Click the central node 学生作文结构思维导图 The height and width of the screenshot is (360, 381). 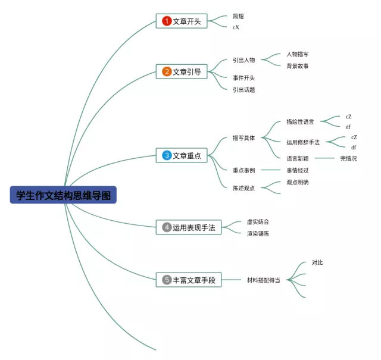[63, 195]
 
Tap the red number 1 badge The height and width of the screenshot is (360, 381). [167, 21]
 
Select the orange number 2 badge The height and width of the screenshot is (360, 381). [167, 72]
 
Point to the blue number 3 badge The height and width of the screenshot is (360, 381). [167, 155]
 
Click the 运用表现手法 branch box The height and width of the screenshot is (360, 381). [189, 227]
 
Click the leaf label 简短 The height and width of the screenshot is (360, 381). [238, 17]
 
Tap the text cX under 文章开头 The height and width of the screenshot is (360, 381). [236, 27]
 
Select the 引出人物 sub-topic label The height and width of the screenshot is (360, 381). [243, 60]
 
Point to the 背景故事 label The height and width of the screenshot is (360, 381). [297, 66]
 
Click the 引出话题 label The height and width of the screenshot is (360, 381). [243, 90]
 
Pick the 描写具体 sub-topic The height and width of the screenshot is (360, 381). [243, 138]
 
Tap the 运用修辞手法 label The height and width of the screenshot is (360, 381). [303, 142]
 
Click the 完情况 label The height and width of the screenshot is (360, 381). [348, 158]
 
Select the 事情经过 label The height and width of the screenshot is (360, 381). [297, 170]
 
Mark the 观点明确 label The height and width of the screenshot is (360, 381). [297, 183]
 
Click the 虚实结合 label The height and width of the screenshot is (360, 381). [258, 221]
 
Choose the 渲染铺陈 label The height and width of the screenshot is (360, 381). [258, 234]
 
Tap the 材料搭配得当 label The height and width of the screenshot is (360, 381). [264, 280]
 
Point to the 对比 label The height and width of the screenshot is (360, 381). [317, 262]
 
